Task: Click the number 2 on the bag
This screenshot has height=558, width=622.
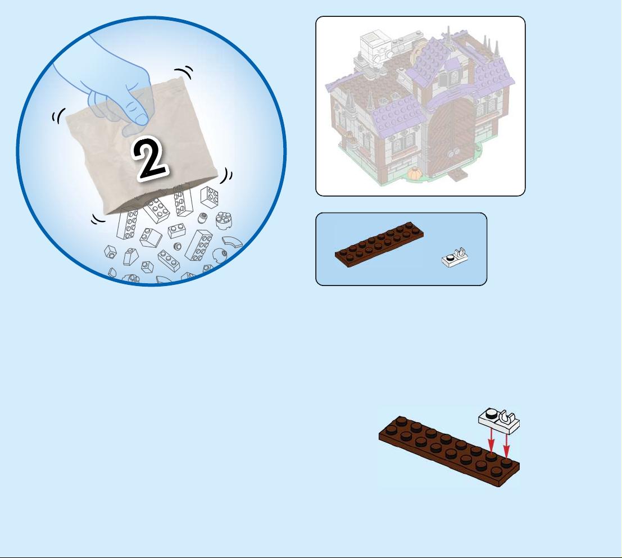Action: tap(149, 158)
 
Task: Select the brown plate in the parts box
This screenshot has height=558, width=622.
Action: tap(379, 244)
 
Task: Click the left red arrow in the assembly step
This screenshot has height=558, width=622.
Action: tap(491, 440)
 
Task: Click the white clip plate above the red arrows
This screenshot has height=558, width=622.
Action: tap(499, 421)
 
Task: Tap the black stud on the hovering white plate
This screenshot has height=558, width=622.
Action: tap(491, 414)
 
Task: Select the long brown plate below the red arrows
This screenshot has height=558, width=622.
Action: tap(449, 451)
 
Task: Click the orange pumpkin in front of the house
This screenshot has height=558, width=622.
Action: tap(415, 173)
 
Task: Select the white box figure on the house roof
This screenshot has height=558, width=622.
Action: tap(375, 48)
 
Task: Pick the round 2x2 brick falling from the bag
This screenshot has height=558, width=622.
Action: tap(224, 221)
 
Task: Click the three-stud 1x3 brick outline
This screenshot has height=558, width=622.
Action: tap(169, 260)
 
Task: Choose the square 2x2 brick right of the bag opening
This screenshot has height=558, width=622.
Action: tap(209, 197)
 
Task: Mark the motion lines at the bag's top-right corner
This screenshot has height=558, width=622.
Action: tap(184, 72)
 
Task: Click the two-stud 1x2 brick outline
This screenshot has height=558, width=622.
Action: tap(176, 230)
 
